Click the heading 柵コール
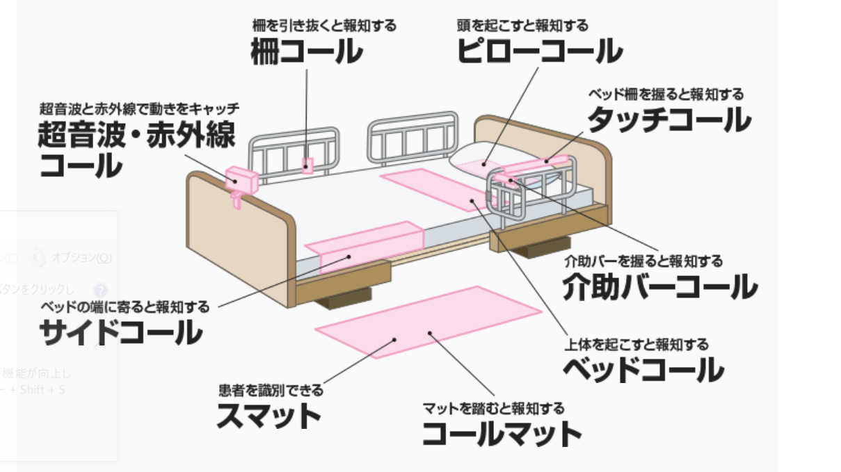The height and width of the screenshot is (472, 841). pyautogui.click(x=306, y=53)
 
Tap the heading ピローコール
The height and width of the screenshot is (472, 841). pyautogui.click(x=539, y=51)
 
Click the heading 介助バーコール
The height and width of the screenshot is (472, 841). pyautogui.click(x=659, y=287)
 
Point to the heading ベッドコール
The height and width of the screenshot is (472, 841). pyautogui.click(x=643, y=370)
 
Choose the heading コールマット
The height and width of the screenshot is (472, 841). pyautogui.click(x=502, y=434)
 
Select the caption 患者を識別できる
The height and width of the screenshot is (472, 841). pyautogui.click(x=271, y=391)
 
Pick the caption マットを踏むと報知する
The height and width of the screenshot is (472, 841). pyautogui.click(x=493, y=409)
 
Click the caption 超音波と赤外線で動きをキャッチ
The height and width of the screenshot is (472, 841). pyautogui.click(x=139, y=108)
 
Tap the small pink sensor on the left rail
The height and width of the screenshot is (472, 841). pyautogui.click(x=307, y=165)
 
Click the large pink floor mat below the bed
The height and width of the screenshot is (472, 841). pyautogui.click(x=428, y=321)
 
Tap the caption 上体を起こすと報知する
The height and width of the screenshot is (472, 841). pyautogui.click(x=636, y=344)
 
